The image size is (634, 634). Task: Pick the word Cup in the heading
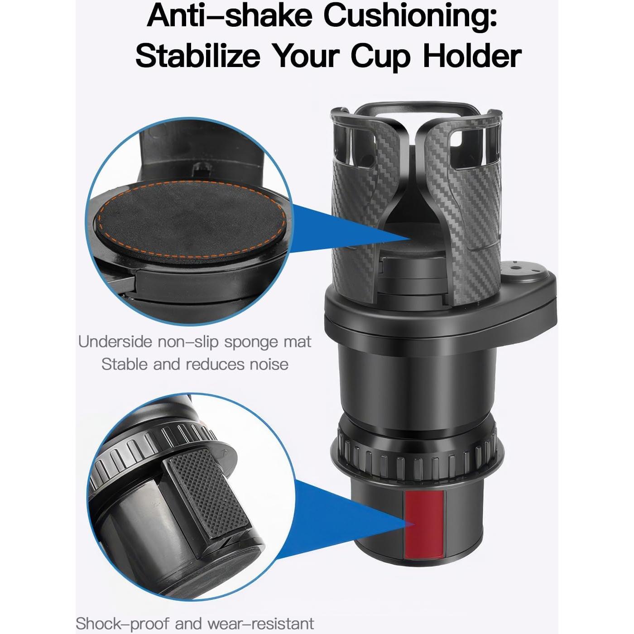click(384, 57)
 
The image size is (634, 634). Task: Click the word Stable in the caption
click(125, 364)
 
